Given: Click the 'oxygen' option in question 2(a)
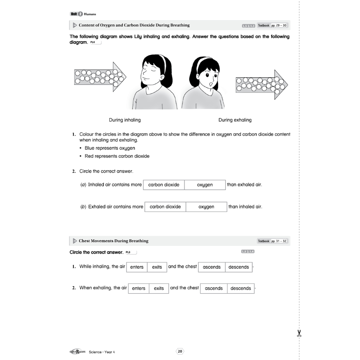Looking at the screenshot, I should pyautogui.click(x=205, y=185).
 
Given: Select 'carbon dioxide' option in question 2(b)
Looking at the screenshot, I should pyautogui.click(x=165, y=207).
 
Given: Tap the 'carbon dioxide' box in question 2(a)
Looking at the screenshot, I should pyautogui.click(x=164, y=185).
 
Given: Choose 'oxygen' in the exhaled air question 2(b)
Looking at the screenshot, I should pyautogui.click(x=206, y=207).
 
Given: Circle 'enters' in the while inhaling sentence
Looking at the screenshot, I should pyautogui.click(x=137, y=267).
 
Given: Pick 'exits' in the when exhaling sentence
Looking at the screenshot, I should pyautogui.click(x=159, y=288).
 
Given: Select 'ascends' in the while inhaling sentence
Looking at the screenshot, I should pyautogui.click(x=212, y=267).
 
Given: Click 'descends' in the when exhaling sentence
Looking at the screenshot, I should pyautogui.click(x=241, y=288).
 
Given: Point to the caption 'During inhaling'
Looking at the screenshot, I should pyautogui.click(x=125, y=120).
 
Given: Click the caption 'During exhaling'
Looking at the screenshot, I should pyautogui.click(x=235, y=120).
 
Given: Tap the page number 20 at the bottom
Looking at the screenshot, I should pyautogui.click(x=180, y=351).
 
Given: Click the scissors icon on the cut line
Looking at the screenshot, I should pyautogui.click(x=299, y=333).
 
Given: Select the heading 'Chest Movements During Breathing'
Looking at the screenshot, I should pyautogui.click(x=114, y=241).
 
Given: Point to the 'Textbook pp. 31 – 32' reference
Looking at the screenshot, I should pyautogui.click(x=272, y=241).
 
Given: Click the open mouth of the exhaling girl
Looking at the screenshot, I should pyautogui.click(x=210, y=83).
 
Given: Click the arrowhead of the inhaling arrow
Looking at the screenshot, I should pyautogui.click(x=120, y=77).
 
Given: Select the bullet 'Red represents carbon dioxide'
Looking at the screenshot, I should pyautogui.click(x=117, y=156).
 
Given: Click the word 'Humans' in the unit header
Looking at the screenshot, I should pyautogui.click(x=90, y=14).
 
